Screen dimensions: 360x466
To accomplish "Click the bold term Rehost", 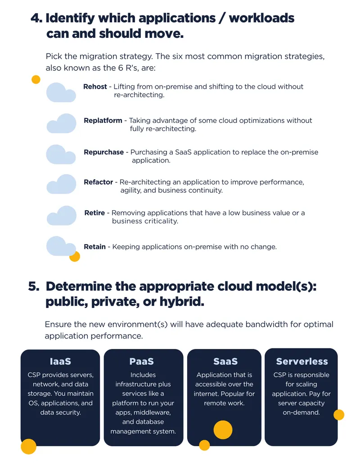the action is point(95,87).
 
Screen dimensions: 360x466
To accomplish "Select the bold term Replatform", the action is point(103,121).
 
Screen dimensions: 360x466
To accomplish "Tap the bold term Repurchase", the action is point(103,152).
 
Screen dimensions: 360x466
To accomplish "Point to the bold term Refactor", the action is point(98,182).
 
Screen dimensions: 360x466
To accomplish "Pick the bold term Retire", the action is point(94,213).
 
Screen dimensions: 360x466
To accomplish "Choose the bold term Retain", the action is point(95,247).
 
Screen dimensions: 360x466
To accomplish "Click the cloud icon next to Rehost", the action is point(61,93).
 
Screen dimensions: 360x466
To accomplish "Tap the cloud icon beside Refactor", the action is point(62,184).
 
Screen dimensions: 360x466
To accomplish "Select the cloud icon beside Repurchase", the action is point(61,154).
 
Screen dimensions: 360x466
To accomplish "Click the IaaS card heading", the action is point(60,362).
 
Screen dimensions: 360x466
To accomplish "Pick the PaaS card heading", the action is point(141,362).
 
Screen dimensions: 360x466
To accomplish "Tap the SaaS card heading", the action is point(225,362).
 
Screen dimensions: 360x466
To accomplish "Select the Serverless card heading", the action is point(302,362).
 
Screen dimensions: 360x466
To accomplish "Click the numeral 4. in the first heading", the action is point(36,18).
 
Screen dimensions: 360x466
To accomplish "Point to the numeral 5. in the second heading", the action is point(34,286).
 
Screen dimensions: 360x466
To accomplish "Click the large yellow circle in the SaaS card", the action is point(223,430).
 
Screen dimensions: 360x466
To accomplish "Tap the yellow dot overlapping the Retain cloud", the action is point(75,256).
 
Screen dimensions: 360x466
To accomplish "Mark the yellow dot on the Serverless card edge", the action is point(338,415).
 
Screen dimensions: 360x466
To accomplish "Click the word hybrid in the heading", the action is point(182,302).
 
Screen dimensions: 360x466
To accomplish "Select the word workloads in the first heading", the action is point(262,18).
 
